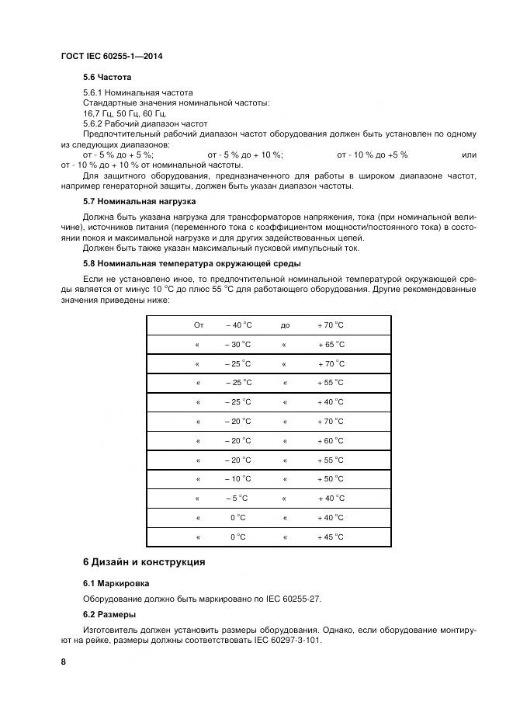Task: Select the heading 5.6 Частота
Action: coord(107,78)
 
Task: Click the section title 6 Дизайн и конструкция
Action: coord(144,561)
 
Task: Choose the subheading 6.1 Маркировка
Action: coord(116,582)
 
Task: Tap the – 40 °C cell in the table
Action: coord(239,325)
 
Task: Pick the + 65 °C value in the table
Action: coord(331,345)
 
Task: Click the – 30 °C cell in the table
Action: coord(238,345)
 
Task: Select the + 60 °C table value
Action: coord(330,441)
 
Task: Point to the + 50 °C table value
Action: coord(330,479)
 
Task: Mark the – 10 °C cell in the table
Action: coord(238,479)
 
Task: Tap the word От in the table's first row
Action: coord(198,325)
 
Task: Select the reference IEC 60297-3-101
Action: coord(286,641)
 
